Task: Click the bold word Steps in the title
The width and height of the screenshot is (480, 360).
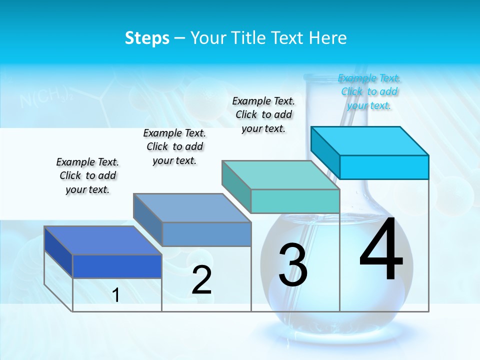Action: [x=147, y=38]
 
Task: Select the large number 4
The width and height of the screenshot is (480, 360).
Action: [x=381, y=251]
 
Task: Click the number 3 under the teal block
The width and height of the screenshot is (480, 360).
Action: [x=293, y=265]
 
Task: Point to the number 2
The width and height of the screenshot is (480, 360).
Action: [x=202, y=280]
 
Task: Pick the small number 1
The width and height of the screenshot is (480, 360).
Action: [x=116, y=295]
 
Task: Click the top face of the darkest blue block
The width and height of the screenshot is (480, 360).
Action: [x=103, y=240]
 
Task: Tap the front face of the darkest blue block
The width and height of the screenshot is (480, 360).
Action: [x=117, y=266]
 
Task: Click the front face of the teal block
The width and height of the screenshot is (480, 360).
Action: [x=295, y=201]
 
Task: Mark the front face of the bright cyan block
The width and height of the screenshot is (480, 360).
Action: [x=384, y=167]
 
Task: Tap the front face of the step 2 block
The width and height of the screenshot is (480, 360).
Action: [x=206, y=234]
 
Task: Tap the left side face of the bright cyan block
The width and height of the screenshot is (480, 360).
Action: [x=325, y=149]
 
